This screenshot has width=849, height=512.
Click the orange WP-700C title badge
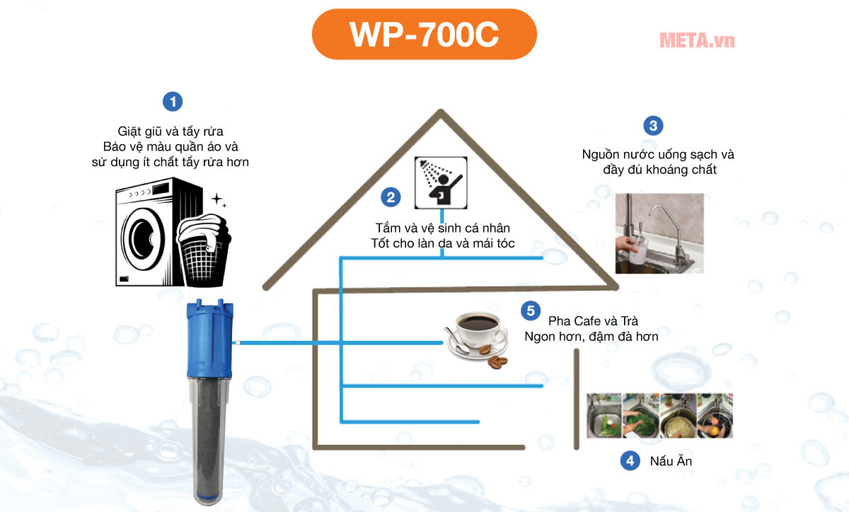coord(424,35)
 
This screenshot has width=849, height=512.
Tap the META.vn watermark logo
coord(696,40)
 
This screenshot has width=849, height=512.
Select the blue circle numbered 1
coord(172,101)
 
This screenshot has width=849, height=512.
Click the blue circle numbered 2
coord(391,197)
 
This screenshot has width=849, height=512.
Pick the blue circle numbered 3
coord(652,126)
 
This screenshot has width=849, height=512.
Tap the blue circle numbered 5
coord(528,310)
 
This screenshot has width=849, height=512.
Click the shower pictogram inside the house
coord(440,182)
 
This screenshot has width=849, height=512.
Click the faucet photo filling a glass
coord(658,233)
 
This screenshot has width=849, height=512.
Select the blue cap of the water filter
coord(209,339)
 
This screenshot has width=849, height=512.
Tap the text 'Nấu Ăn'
coord(670,462)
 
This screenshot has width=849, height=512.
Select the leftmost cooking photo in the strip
coord(603,416)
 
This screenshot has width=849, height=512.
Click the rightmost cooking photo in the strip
coord(714,416)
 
